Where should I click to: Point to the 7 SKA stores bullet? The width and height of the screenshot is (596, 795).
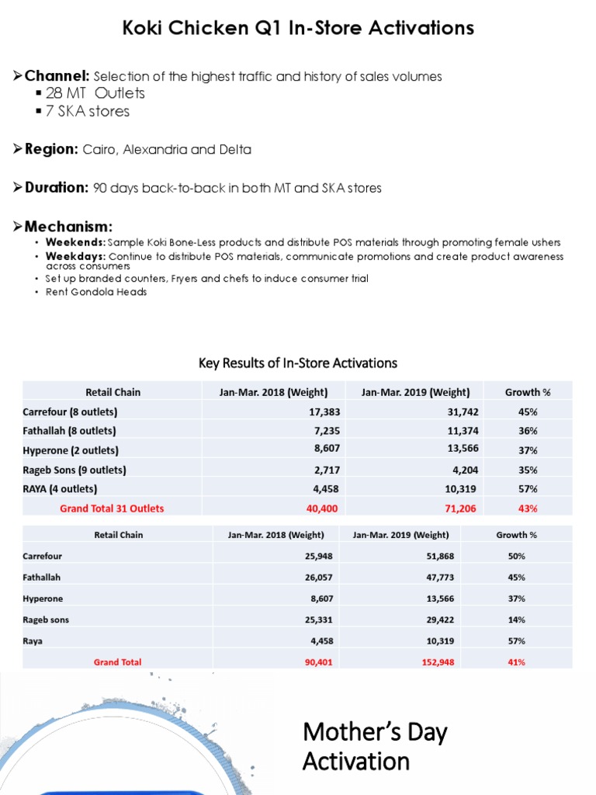pyautogui.click(x=88, y=111)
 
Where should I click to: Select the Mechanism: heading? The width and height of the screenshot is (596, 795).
pyautogui.click(x=68, y=227)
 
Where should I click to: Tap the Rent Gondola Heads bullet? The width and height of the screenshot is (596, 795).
pyautogui.click(x=96, y=292)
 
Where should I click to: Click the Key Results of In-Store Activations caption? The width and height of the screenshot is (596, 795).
pyautogui.click(x=298, y=363)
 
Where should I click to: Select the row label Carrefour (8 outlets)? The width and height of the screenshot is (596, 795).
pyautogui.click(x=71, y=411)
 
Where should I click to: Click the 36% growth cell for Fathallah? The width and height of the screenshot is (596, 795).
pyautogui.click(x=528, y=431)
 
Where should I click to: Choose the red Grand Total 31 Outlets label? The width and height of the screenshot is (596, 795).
pyautogui.click(x=112, y=509)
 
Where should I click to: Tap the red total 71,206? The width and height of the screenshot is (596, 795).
pyautogui.click(x=460, y=509)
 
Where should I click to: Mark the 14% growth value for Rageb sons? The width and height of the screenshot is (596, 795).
pyautogui.click(x=517, y=620)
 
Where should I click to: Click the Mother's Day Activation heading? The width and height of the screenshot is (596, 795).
pyautogui.click(x=375, y=746)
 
